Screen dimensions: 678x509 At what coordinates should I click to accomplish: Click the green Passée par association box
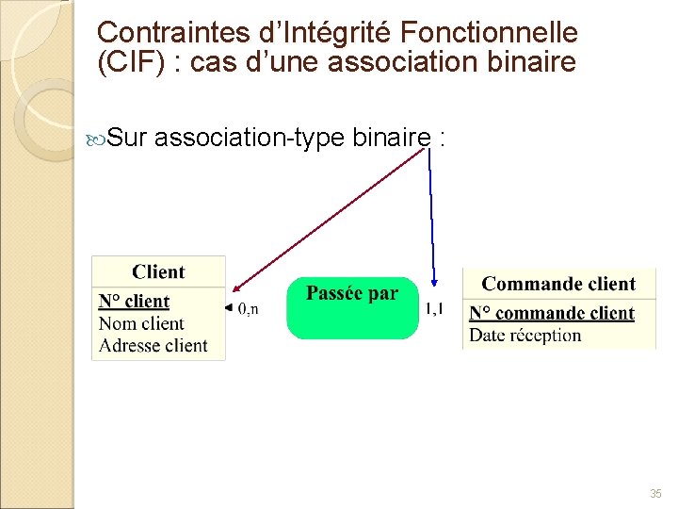[x=351, y=307]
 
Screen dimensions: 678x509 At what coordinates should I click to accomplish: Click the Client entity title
[x=158, y=272]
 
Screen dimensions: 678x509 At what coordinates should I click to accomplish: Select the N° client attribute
[x=134, y=302]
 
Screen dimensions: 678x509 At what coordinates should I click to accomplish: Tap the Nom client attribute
[x=141, y=323]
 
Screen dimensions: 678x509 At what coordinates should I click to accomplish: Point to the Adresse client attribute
[x=153, y=345]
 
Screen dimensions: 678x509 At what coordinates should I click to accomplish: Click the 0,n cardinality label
[x=248, y=308]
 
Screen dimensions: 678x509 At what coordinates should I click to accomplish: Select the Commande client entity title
[x=558, y=284]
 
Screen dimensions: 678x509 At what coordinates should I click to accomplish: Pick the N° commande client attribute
[x=552, y=313]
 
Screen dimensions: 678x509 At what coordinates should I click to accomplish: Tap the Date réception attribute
[x=525, y=335]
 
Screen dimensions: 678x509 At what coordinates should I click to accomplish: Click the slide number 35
[x=655, y=493]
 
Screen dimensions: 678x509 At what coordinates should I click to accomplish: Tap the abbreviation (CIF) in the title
[x=128, y=63]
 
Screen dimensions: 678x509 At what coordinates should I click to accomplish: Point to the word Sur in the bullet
[x=126, y=140]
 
